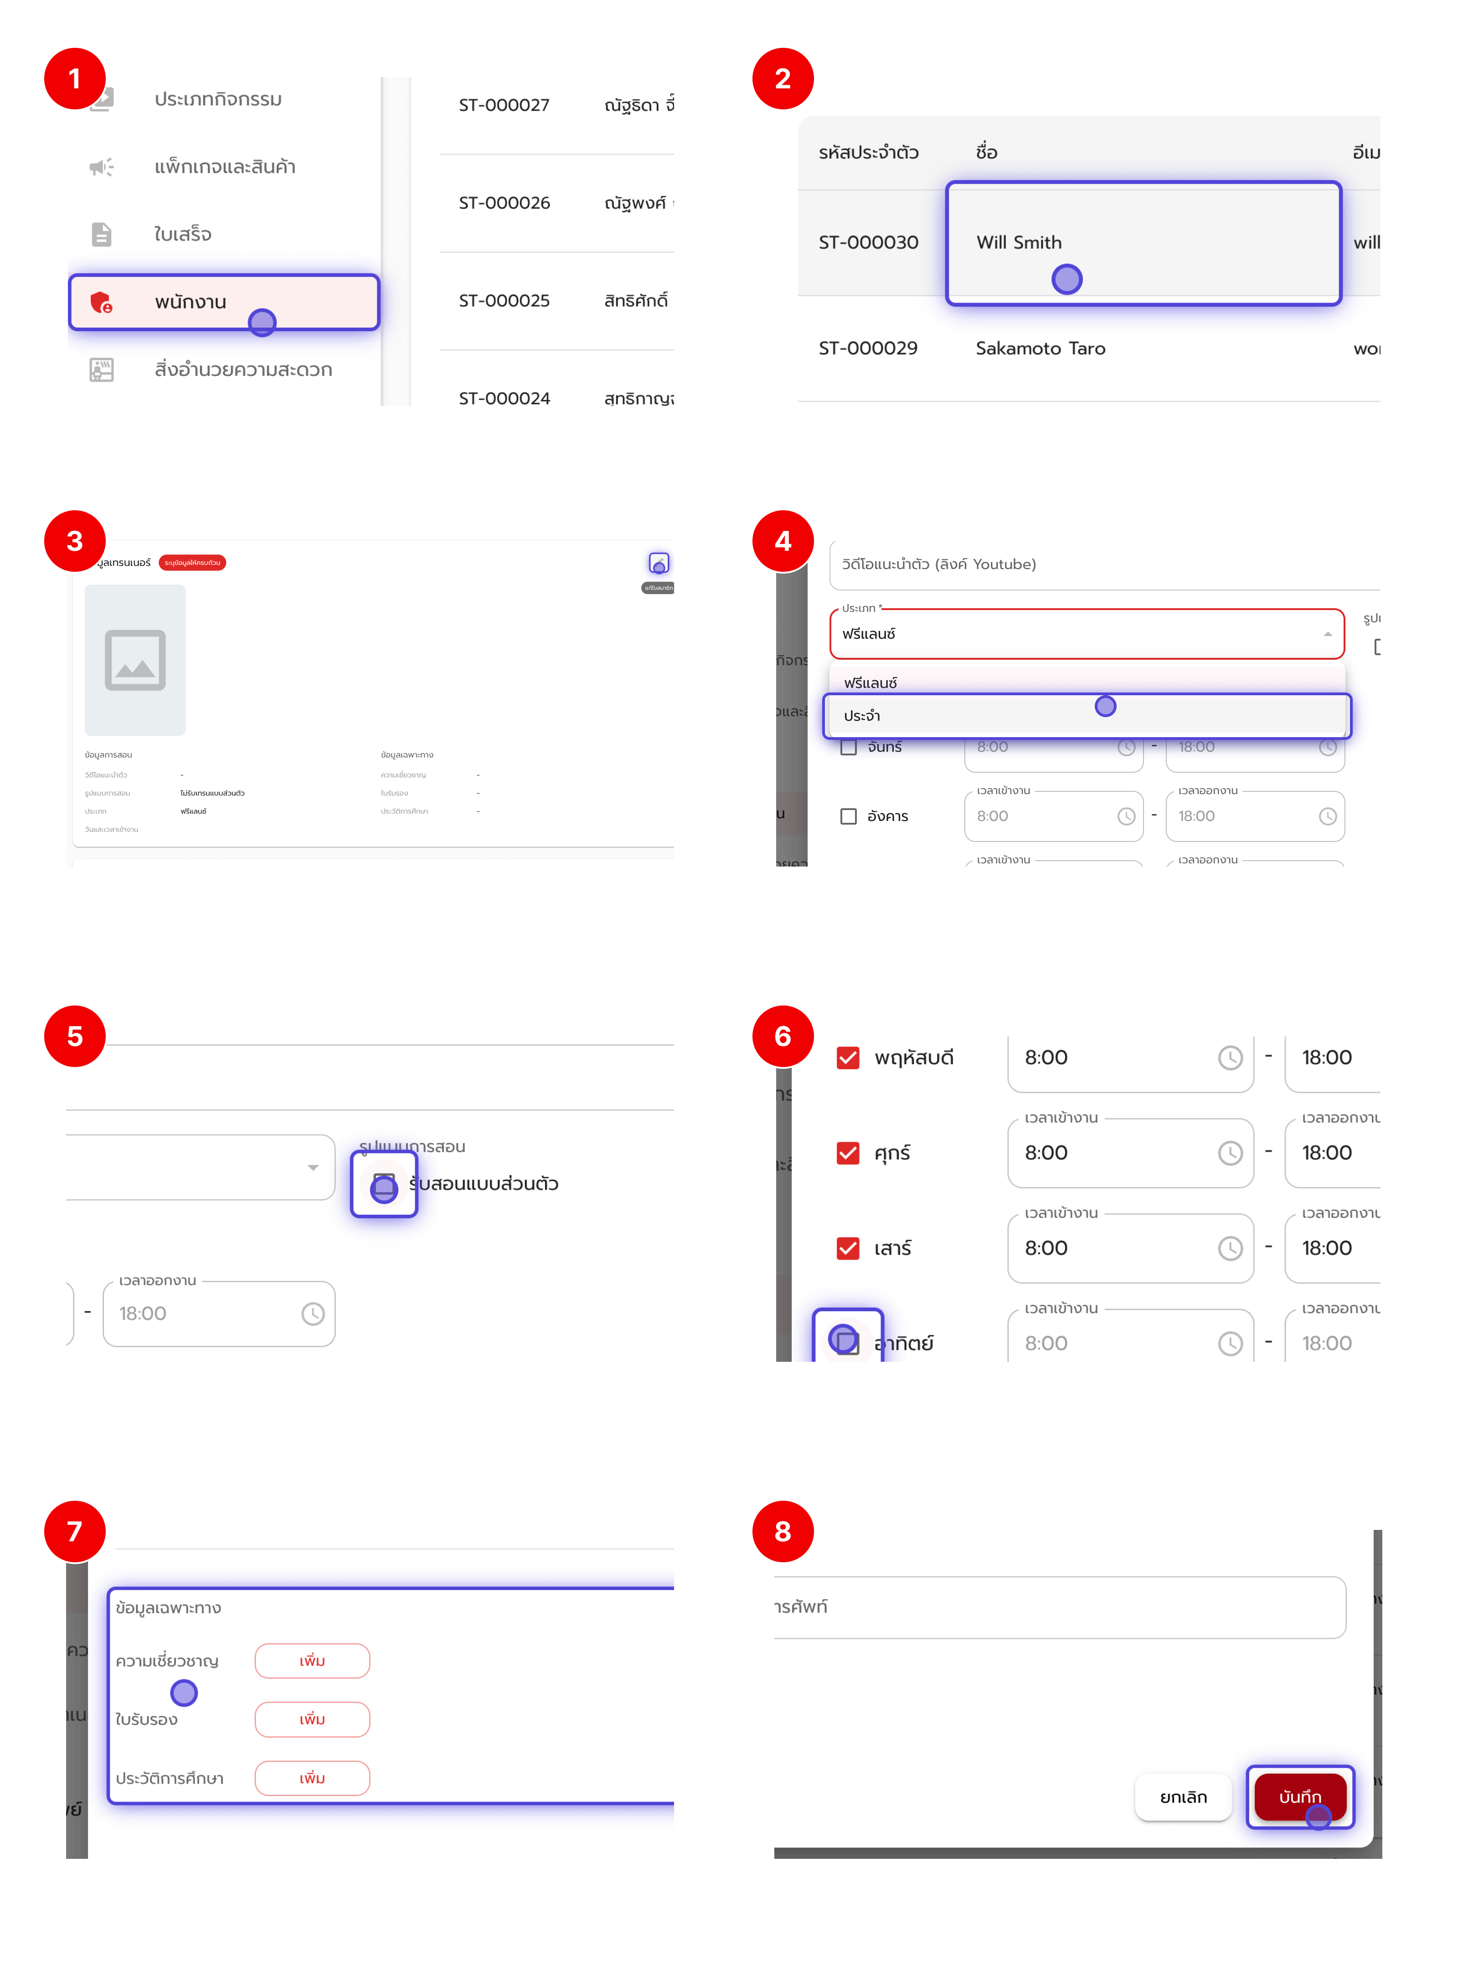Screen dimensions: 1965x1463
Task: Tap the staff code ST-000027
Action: click(x=504, y=105)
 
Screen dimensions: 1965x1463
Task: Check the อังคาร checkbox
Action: click(x=848, y=816)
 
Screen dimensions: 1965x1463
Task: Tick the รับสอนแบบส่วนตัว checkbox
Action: click(x=383, y=1184)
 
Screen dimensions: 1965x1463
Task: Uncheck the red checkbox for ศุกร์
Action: click(x=848, y=1153)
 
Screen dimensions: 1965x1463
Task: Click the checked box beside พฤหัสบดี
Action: click(x=848, y=1058)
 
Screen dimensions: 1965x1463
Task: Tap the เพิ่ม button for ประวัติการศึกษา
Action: click(x=312, y=1778)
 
